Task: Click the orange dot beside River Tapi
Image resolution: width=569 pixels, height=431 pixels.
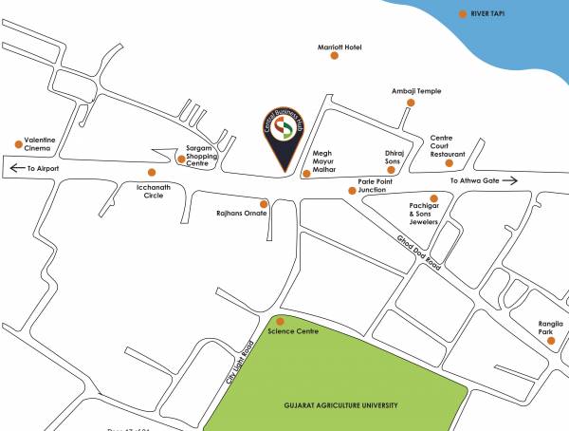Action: pyautogui.click(x=463, y=14)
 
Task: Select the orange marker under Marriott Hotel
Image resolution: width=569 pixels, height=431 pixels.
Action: pyautogui.click(x=334, y=56)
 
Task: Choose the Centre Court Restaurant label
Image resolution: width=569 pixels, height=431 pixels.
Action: pyautogui.click(x=448, y=145)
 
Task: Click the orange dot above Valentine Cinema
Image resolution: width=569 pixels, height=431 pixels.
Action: pyautogui.click(x=19, y=144)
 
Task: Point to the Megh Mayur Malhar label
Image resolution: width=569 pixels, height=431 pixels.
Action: pyautogui.click(x=325, y=161)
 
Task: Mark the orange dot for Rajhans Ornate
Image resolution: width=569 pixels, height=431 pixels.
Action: pyautogui.click(x=278, y=202)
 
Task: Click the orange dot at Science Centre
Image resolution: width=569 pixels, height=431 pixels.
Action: pyautogui.click(x=280, y=321)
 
